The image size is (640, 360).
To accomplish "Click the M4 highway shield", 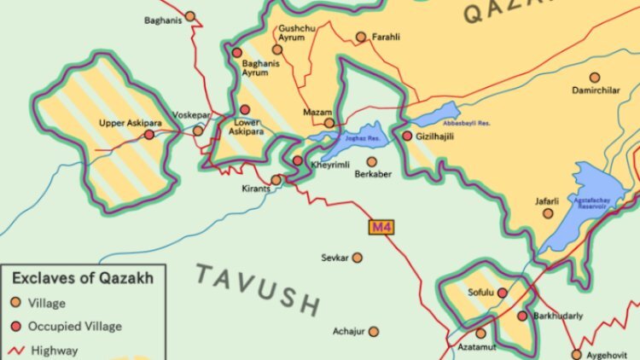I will click(381, 228).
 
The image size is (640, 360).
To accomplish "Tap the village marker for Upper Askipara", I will click(149, 135).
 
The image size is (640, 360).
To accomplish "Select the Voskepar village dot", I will click(198, 131).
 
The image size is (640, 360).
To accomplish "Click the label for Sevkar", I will click(335, 258).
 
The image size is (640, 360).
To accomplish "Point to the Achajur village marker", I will click(374, 332).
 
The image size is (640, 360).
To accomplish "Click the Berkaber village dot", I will click(371, 161).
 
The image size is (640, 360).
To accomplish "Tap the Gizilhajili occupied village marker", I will click(407, 136).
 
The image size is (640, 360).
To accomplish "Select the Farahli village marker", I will click(361, 37).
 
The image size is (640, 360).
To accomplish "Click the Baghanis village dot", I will click(189, 16).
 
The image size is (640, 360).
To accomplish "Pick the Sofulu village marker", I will click(503, 293).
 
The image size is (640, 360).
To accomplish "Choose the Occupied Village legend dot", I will click(16, 326).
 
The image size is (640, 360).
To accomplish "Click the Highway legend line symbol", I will click(15, 350).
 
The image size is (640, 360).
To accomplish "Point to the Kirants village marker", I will click(276, 180).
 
